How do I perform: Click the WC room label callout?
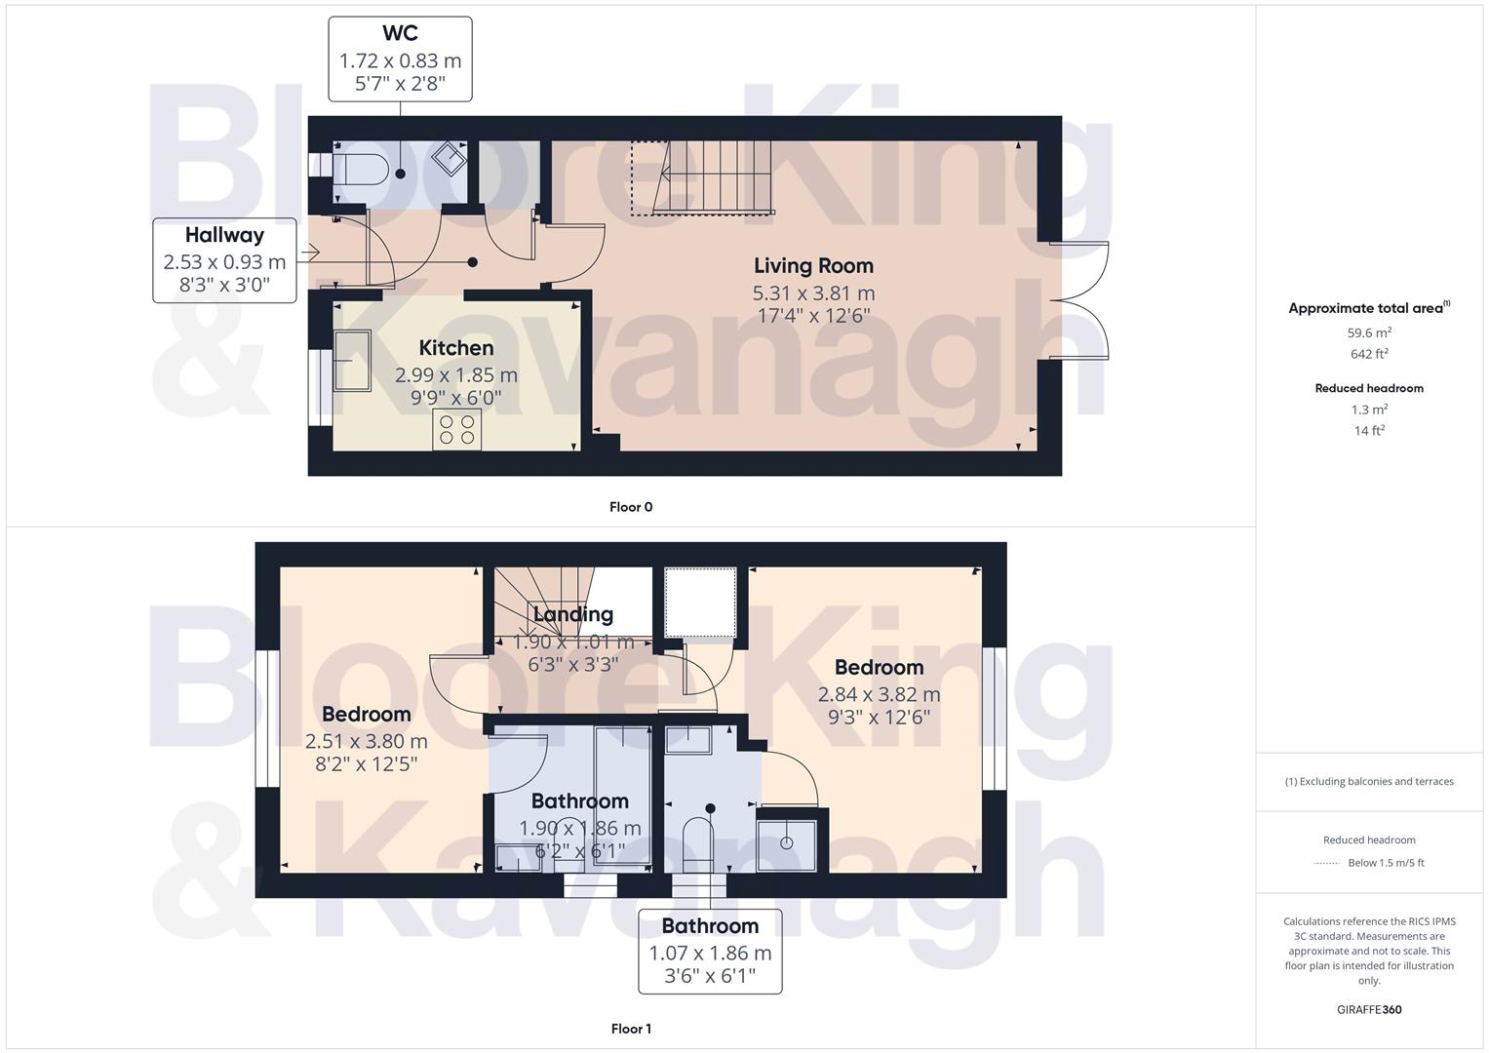[400, 58]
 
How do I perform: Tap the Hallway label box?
[224, 259]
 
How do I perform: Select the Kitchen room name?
[455, 348]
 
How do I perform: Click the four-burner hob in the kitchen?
[456, 430]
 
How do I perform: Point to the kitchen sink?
[352, 360]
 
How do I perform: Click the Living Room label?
[813, 265]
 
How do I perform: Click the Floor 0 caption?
[630, 507]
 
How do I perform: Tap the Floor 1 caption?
[630, 1029]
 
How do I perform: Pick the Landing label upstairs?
[572, 614]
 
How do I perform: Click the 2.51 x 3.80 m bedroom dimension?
[366, 741]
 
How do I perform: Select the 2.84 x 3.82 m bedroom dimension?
[879, 694]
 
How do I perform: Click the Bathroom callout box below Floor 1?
[710, 950]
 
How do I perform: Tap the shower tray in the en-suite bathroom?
[791, 839]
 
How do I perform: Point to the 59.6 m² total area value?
[1369, 332]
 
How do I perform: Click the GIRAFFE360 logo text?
[1369, 1010]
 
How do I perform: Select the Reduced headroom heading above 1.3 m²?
[1369, 388]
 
